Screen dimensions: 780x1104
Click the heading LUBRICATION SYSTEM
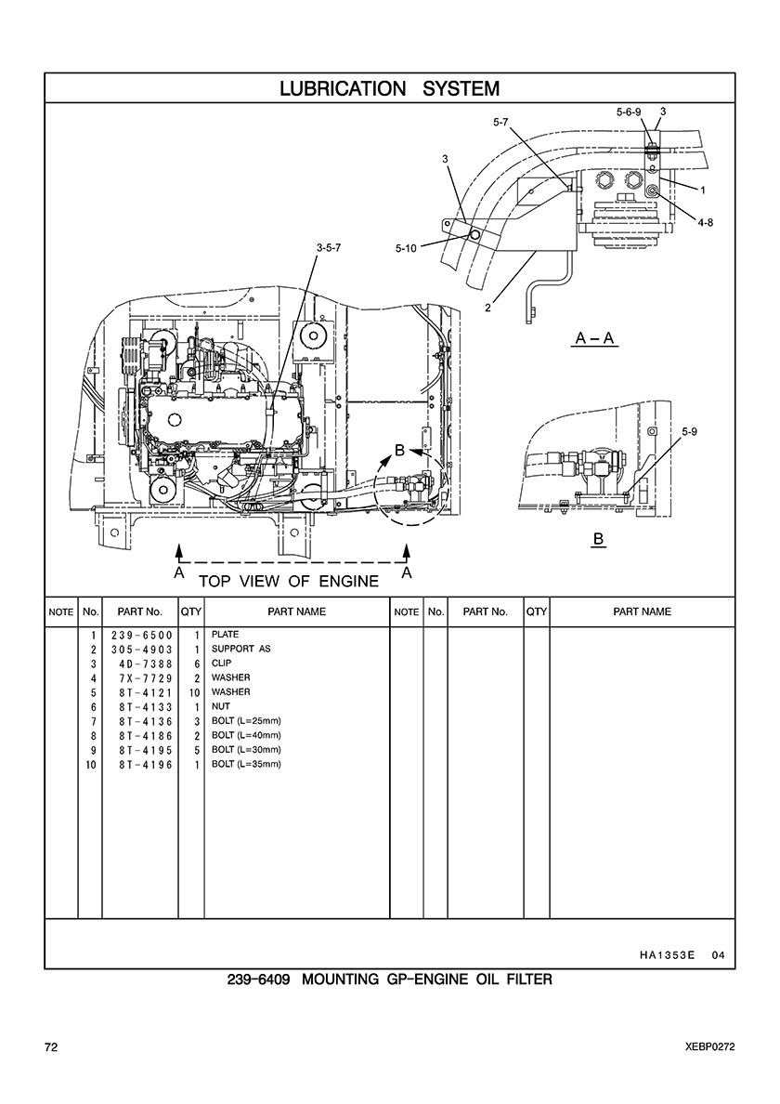point(390,88)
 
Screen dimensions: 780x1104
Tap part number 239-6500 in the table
point(141,635)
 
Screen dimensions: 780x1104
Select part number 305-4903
point(141,650)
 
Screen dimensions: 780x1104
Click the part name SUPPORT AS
point(240,649)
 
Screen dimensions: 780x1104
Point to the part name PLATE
point(225,635)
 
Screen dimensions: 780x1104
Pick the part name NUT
point(221,706)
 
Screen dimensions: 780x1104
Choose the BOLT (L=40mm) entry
point(246,735)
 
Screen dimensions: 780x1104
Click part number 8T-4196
point(145,765)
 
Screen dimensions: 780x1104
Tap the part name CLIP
point(222,664)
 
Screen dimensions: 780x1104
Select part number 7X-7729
point(145,678)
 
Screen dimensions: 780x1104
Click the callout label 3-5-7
point(329,248)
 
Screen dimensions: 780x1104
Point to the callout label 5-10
point(406,248)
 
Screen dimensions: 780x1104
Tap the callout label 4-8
point(706,222)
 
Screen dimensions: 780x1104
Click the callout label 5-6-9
point(629,112)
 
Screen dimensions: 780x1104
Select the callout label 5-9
point(689,431)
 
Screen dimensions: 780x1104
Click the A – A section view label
point(595,338)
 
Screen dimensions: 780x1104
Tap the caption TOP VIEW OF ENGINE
point(289,581)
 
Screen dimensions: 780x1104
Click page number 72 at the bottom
point(51,1047)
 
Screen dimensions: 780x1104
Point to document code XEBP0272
point(709,1047)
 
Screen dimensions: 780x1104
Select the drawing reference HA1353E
point(667,955)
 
